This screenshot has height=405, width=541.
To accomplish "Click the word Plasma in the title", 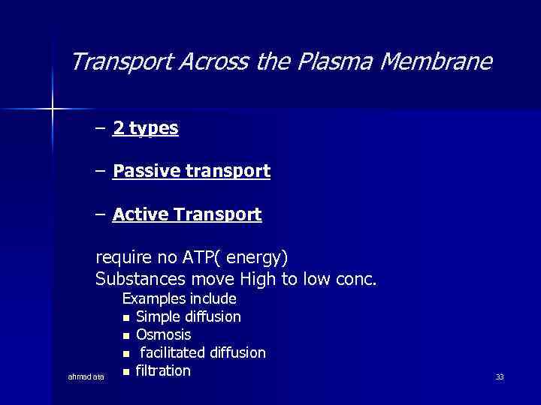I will tap(336, 61).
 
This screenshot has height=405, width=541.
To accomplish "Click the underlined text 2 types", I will tap(146, 128).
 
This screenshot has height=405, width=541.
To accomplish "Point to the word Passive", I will tap(147, 172).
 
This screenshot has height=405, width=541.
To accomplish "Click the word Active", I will tap(141, 215).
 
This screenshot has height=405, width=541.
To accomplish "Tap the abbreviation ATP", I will tap(201, 258).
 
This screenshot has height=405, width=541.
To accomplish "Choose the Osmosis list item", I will tap(163, 334).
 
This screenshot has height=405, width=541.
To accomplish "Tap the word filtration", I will tap(163, 370).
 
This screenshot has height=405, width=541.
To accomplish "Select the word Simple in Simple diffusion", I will tap(158, 316).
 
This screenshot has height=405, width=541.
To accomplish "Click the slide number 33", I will tap(500, 376).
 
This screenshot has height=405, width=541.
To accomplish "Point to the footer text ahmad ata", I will tap(86, 376).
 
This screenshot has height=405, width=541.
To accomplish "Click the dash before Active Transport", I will tap(101, 215).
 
